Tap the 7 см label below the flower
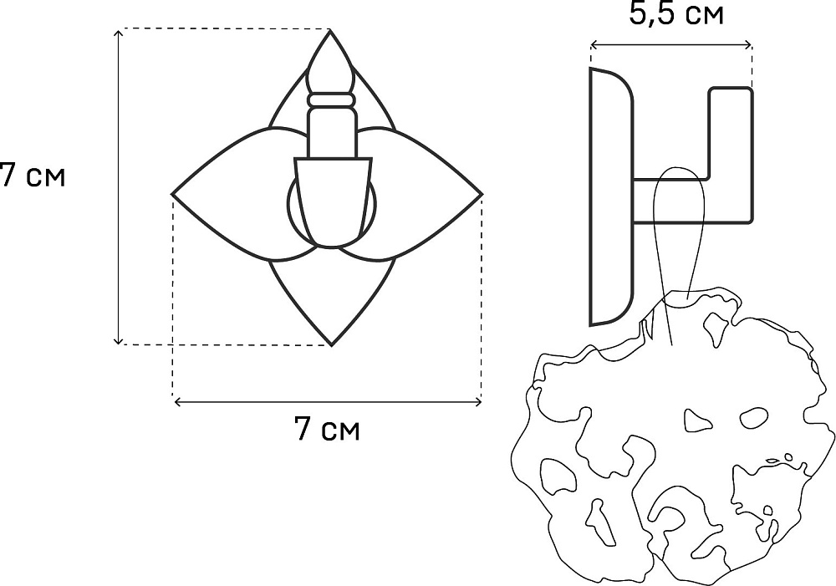pyautogui.click(x=328, y=428)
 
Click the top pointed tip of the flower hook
pyautogui.click(x=330, y=30)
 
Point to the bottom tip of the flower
pyautogui.click(x=332, y=345)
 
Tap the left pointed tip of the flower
pyautogui.click(x=172, y=194)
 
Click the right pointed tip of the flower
pyautogui.click(x=482, y=194)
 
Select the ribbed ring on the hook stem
pyautogui.click(x=331, y=99)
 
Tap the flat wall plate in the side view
pyautogui.click(x=611, y=196)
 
